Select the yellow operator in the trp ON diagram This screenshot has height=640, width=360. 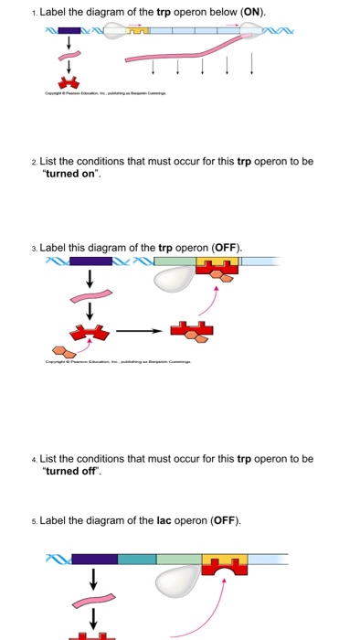point(138,31)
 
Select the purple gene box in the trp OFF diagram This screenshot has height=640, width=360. point(91,261)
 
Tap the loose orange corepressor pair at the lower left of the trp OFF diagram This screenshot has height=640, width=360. point(62,350)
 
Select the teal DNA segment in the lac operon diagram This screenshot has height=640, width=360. point(137,559)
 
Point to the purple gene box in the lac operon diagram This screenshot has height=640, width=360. point(94,559)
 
